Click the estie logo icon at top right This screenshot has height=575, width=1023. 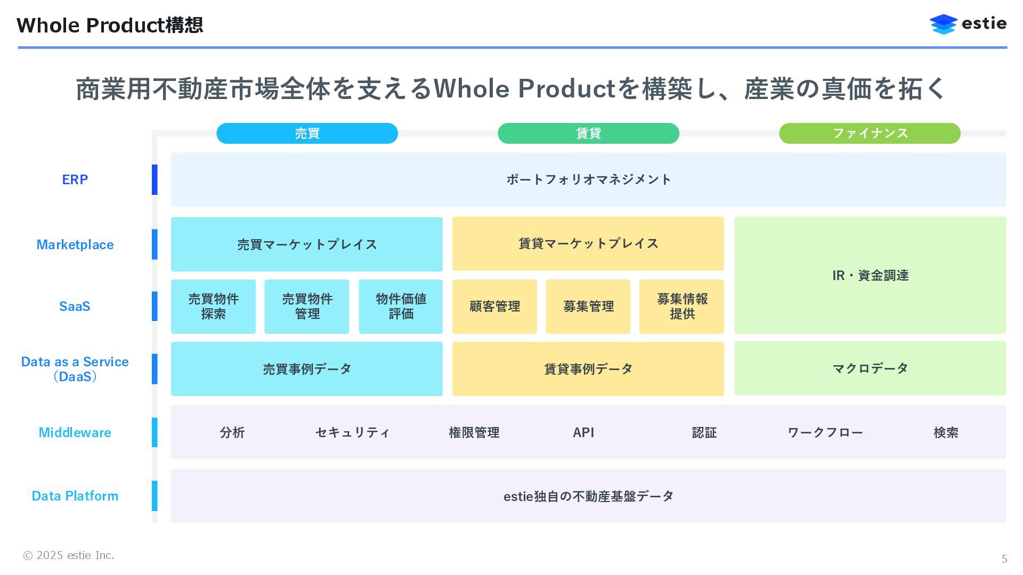coord(943,24)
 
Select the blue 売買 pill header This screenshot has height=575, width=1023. coord(307,133)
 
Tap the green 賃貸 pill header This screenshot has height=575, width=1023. coord(588,133)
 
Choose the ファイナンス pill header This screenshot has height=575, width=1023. coord(870,133)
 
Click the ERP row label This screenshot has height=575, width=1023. coord(75,180)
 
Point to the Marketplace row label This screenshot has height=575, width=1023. coord(75,245)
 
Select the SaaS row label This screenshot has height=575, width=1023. coord(75,307)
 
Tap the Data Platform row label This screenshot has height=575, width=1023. coord(75,496)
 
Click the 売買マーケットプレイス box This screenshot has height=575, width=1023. coord(307,244)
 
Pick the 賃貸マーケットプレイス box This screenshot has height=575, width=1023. coord(588,244)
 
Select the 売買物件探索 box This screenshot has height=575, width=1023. coord(213,307)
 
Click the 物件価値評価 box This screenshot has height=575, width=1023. coord(401,307)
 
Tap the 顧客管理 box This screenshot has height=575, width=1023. coord(494,307)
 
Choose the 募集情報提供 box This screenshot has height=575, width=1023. coord(682,307)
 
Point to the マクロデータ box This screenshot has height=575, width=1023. coord(870,368)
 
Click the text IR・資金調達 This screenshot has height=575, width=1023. coord(870,276)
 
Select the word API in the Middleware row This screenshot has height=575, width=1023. coord(583,433)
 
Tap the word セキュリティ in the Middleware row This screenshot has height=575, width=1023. coord(352,433)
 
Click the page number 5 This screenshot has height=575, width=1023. coord(1004,559)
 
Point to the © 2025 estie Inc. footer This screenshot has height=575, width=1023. coord(68,556)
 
